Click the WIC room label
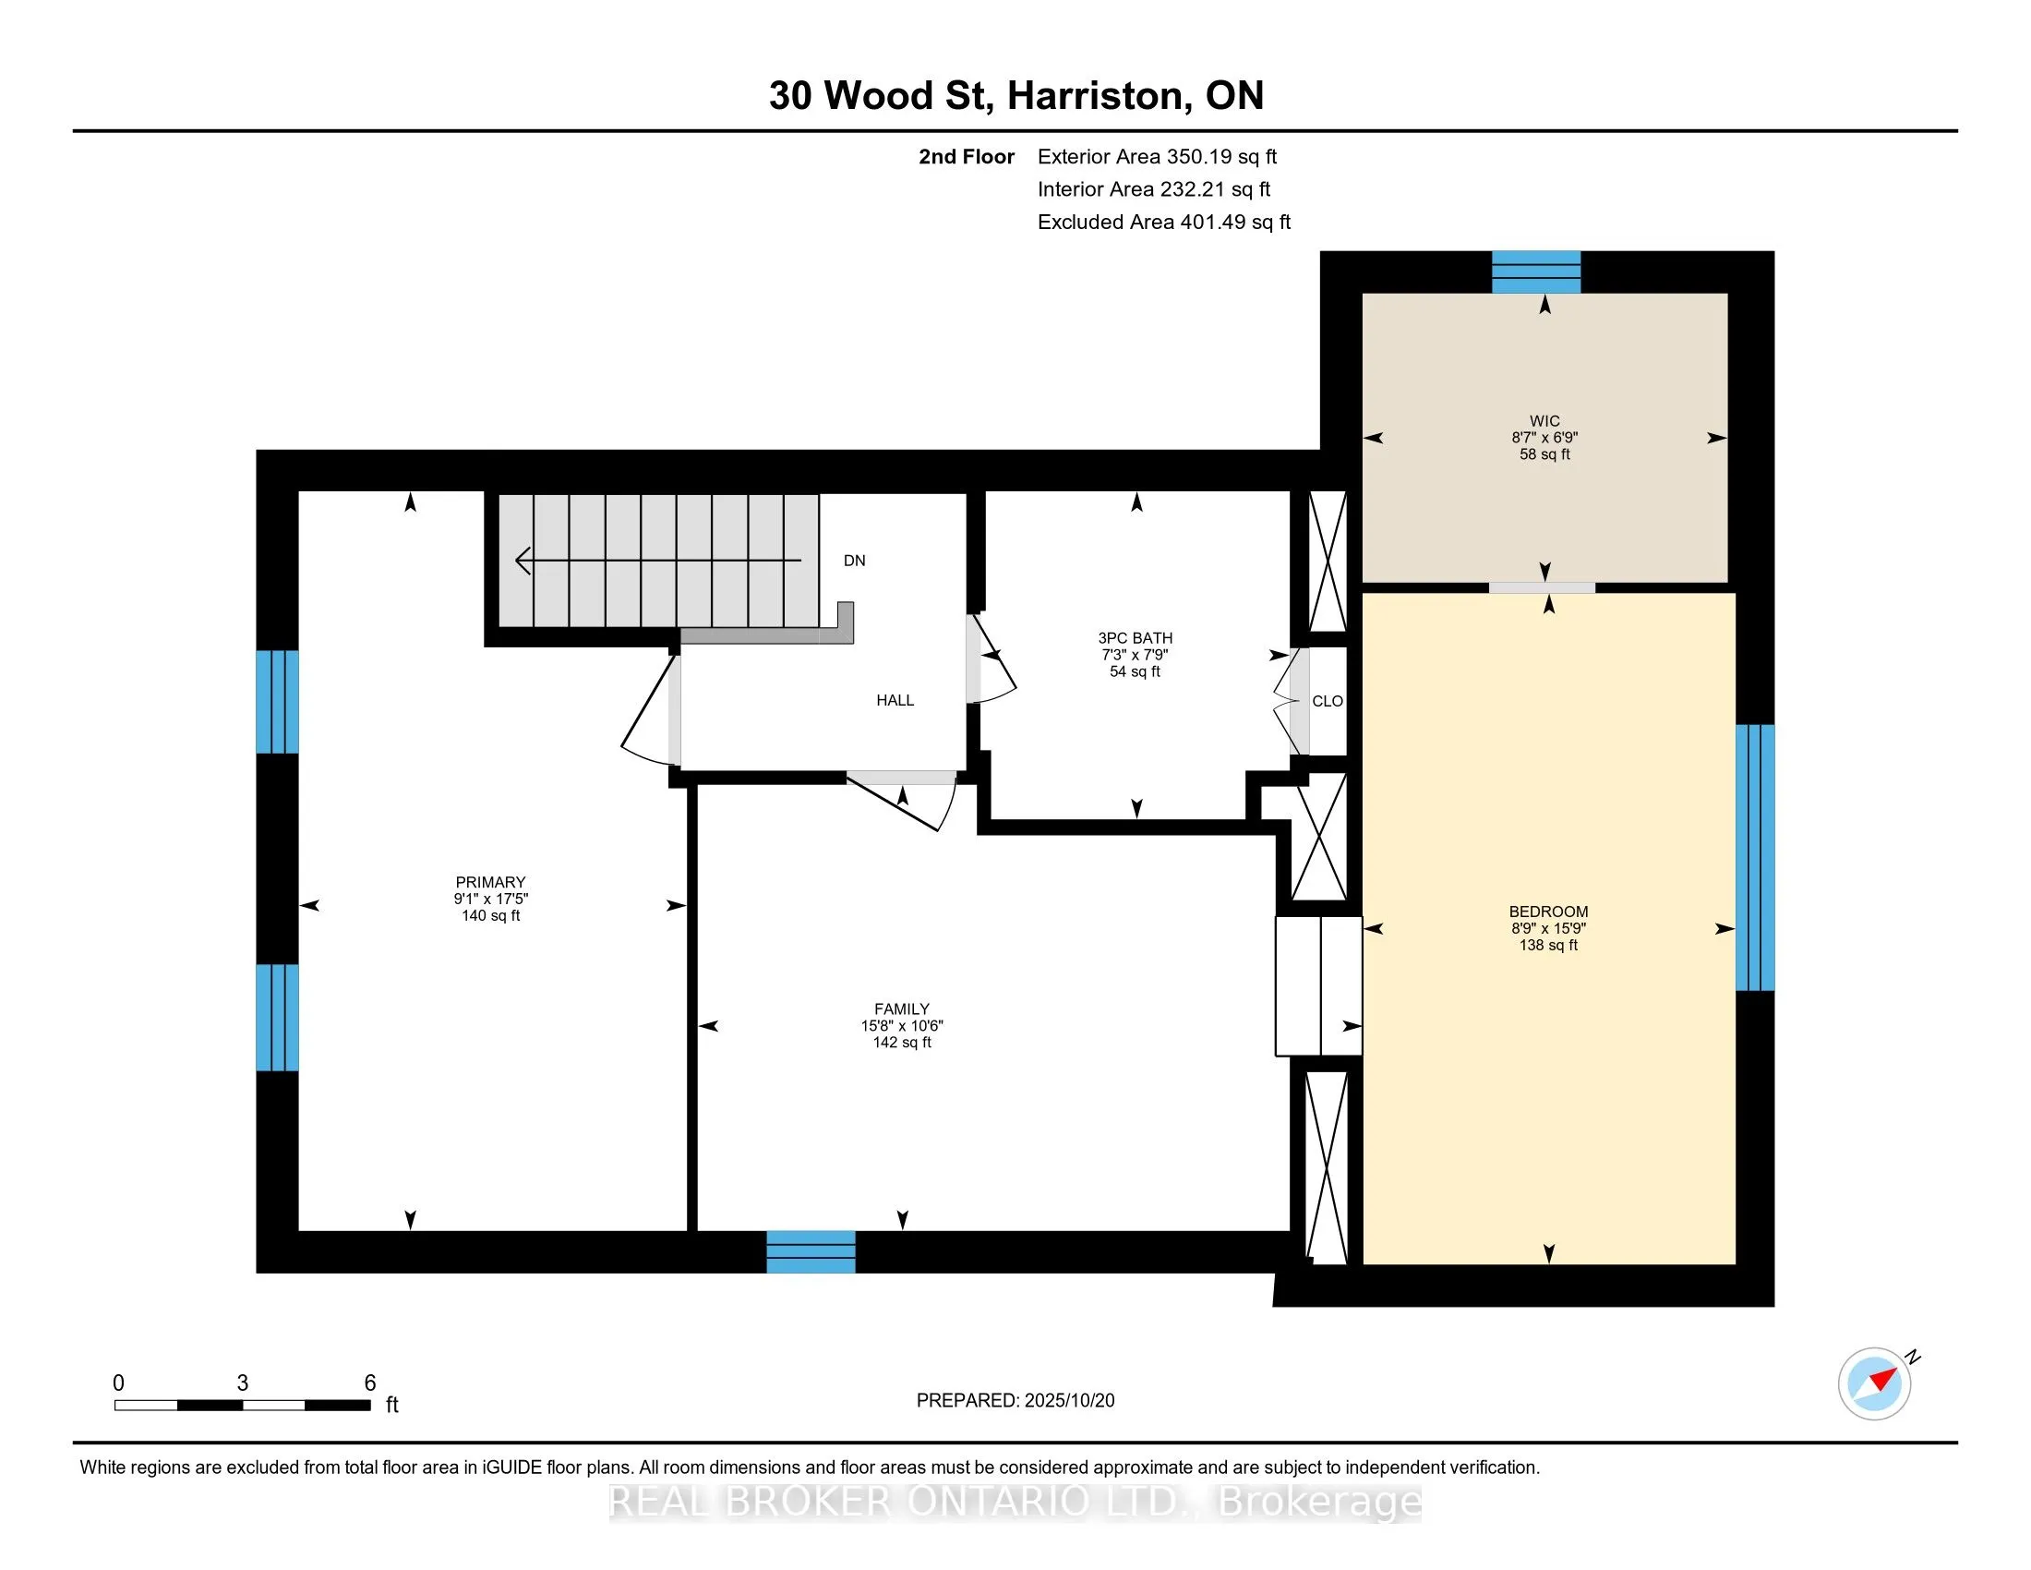click(x=1544, y=420)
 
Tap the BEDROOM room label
click(x=1548, y=912)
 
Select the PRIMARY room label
click(x=490, y=882)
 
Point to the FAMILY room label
click(x=901, y=1008)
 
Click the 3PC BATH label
click(x=1136, y=638)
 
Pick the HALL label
click(x=895, y=700)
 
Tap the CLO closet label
click(x=1327, y=701)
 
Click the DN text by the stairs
click(x=855, y=561)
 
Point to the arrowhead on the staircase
click(x=523, y=561)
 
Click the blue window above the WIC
click(x=1536, y=272)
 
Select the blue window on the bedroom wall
click(x=1755, y=858)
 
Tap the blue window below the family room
click(x=811, y=1252)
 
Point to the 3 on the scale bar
click(x=243, y=1383)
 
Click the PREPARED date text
click(x=1015, y=1401)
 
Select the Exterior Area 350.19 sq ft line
click(x=1157, y=157)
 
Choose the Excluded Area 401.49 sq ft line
click(x=1164, y=223)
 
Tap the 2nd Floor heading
click(x=967, y=157)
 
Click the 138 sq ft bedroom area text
click(x=1548, y=945)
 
